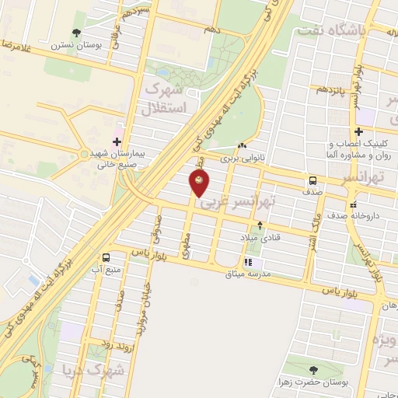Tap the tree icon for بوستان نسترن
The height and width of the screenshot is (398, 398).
pyautogui.click(x=75, y=33)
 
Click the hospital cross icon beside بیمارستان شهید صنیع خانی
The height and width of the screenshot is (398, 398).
pyautogui.click(x=117, y=141)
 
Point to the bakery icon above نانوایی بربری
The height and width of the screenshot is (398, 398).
pyautogui.click(x=243, y=145)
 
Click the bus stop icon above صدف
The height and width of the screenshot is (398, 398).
pyautogui.click(x=312, y=178)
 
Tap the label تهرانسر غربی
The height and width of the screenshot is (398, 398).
pyautogui.click(x=237, y=203)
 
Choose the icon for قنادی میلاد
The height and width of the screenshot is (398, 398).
pyautogui.click(x=260, y=226)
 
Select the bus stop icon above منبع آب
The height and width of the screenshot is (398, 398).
pyautogui.click(x=105, y=257)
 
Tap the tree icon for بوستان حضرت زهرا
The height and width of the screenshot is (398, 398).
pyautogui.click(x=312, y=370)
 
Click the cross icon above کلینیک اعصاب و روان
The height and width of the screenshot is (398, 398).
pyautogui.click(x=358, y=131)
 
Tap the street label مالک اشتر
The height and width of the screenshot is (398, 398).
pyautogui.click(x=309, y=225)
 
